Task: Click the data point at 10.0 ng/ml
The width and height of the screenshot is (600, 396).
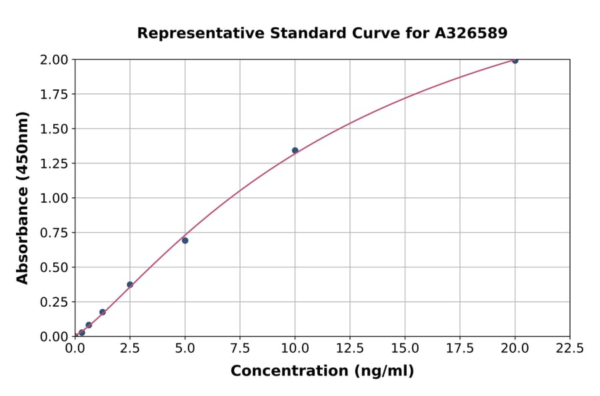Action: (x=295, y=151)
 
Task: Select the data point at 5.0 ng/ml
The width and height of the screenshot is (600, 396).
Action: (x=185, y=241)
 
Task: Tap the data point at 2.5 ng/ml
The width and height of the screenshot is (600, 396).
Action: (x=130, y=285)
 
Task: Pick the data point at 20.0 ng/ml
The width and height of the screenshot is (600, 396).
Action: (x=515, y=61)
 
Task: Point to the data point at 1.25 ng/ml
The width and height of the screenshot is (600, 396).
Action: (x=103, y=312)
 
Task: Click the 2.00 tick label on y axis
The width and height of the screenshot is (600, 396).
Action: (x=54, y=60)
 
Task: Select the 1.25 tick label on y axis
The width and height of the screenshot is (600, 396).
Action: (x=54, y=163)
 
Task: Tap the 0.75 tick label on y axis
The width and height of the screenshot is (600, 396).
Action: (x=54, y=233)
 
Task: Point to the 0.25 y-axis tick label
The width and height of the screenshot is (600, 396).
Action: (x=54, y=302)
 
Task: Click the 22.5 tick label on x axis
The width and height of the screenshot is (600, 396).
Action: (x=569, y=349)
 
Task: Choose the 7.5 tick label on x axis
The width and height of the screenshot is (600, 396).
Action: (x=240, y=349)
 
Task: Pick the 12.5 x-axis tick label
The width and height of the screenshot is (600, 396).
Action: (x=350, y=349)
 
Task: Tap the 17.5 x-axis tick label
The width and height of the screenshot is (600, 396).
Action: (x=460, y=349)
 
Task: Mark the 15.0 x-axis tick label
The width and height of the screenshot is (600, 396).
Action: (x=405, y=349)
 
